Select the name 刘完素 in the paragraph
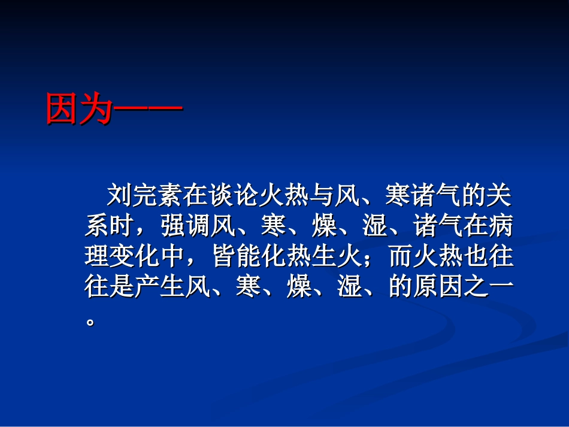tap(143, 195)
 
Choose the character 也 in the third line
tap(477, 258)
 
